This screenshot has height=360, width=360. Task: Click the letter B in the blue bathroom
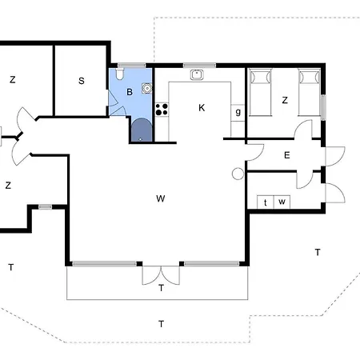(x=129, y=92)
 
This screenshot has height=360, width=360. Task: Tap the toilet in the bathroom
(x=119, y=76)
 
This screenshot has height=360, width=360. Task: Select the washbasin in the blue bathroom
(x=146, y=89)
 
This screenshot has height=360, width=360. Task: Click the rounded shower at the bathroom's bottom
(x=141, y=130)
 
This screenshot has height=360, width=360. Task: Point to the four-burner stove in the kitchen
(x=162, y=108)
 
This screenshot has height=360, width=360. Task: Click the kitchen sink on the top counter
(x=196, y=75)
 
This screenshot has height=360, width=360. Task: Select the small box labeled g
(x=238, y=111)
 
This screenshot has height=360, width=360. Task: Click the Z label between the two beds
(x=284, y=100)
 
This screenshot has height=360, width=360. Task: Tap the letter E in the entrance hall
(x=286, y=155)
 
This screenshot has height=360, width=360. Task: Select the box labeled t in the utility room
(x=265, y=202)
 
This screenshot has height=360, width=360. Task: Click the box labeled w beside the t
(x=282, y=202)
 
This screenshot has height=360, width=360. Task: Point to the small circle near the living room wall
(x=237, y=174)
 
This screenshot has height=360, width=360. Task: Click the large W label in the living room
(x=160, y=198)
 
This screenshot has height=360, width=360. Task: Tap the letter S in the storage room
(x=82, y=80)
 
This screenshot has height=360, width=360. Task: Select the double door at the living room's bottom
(x=161, y=274)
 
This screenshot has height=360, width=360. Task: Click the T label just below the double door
(x=161, y=288)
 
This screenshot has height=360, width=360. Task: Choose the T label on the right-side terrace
(x=317, y=252)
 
